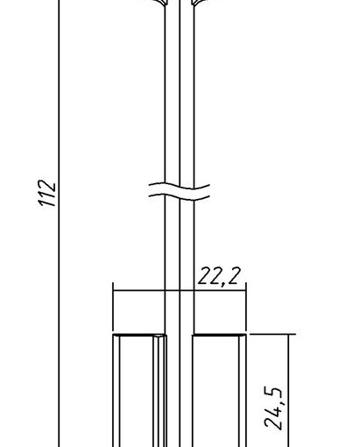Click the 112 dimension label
47,193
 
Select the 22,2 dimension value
219,276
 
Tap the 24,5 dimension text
273,408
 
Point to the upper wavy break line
180,187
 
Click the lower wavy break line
180,196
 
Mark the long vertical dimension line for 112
59,223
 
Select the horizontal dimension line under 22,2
180,290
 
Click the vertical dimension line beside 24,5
288,390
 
